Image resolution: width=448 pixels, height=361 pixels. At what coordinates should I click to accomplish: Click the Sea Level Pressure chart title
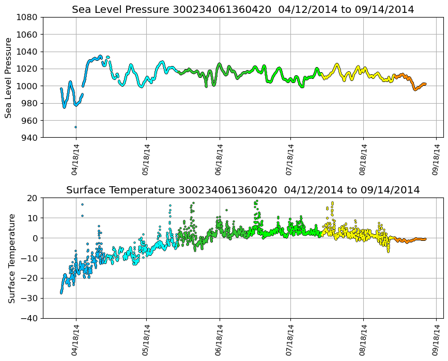pyautogui.click(x=243, y=10)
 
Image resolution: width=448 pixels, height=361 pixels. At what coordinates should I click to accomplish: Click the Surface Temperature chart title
pyautogui.click(x=243, y=190)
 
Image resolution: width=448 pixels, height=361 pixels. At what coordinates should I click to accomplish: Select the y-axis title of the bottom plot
pyautogui.click(x=11, y=258)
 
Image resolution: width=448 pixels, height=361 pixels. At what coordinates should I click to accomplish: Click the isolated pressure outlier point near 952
pyautogui.click(x=75, y=127)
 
